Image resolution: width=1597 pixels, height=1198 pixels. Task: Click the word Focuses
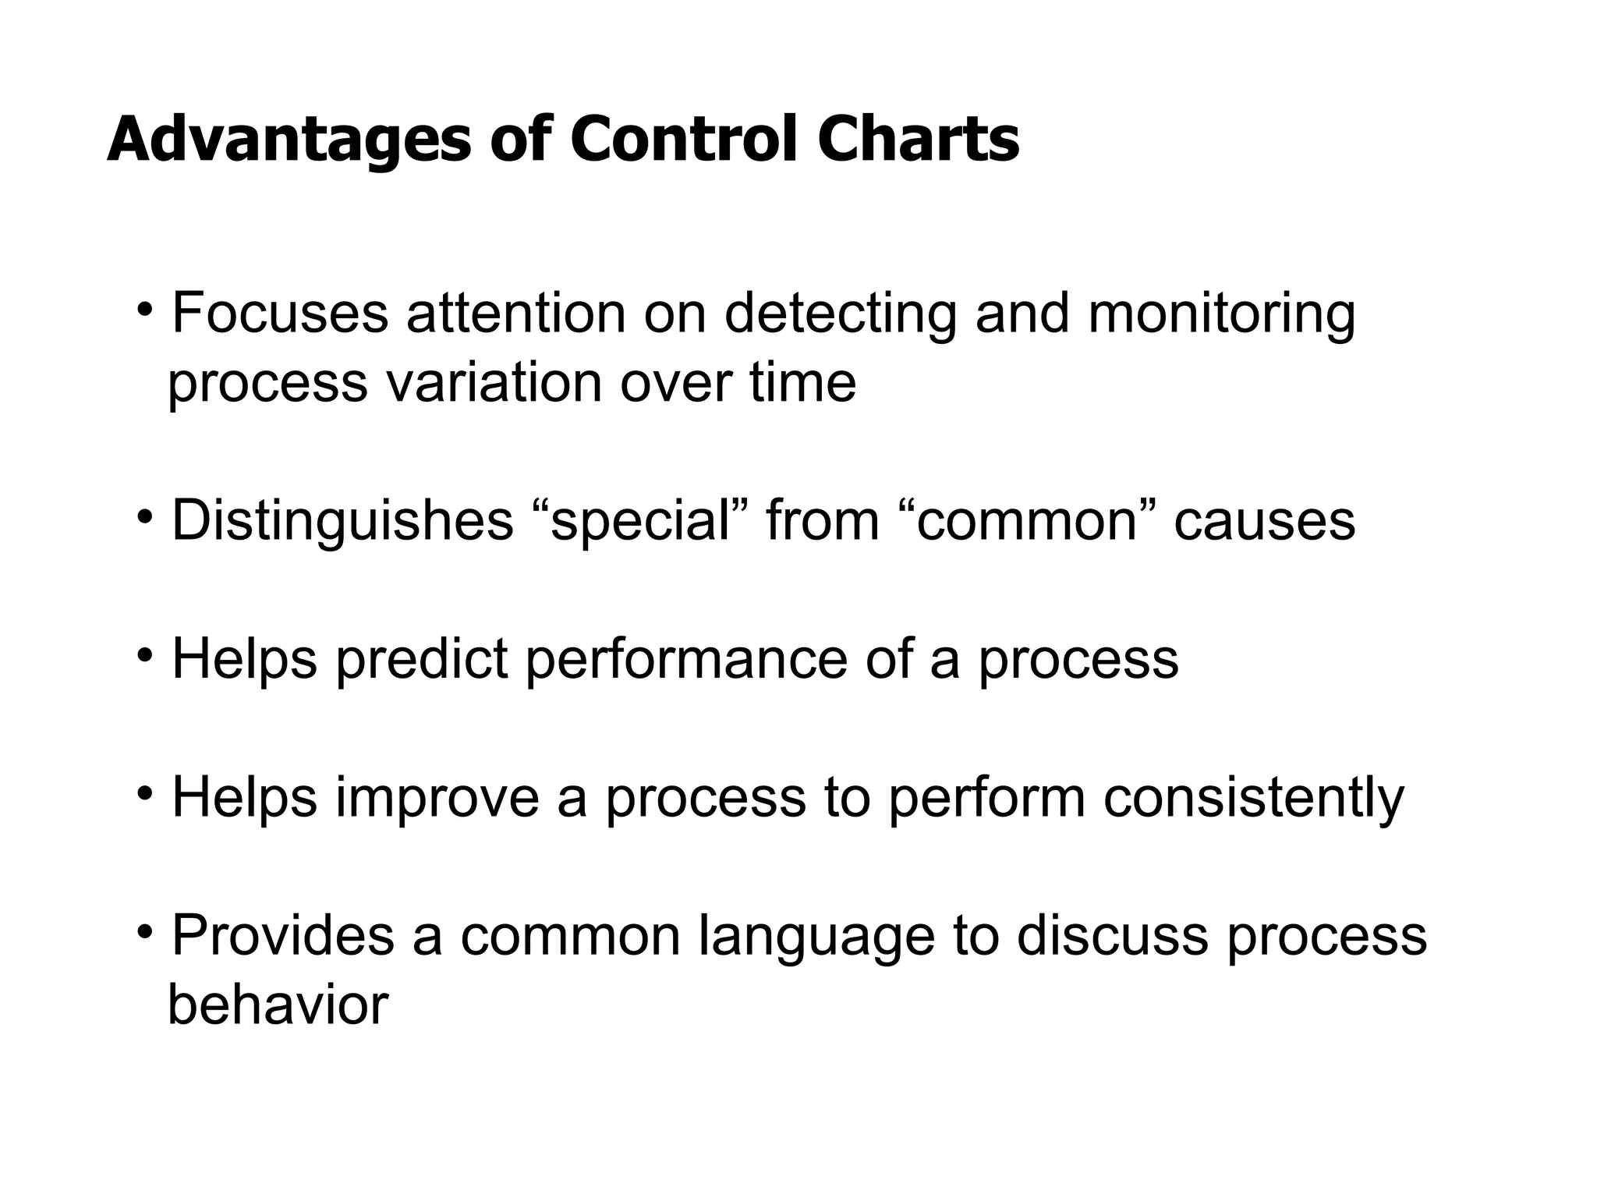[280, 314]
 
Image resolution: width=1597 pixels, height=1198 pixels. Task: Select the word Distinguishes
[342, 522]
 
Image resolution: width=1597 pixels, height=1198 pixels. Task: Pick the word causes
[1264, 521]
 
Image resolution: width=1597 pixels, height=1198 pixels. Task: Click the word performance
[686, 660]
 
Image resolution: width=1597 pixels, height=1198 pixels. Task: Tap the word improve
[437, 799]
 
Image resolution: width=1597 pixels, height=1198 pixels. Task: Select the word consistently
[1253, 799]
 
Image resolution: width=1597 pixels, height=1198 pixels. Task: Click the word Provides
[282, 935]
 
